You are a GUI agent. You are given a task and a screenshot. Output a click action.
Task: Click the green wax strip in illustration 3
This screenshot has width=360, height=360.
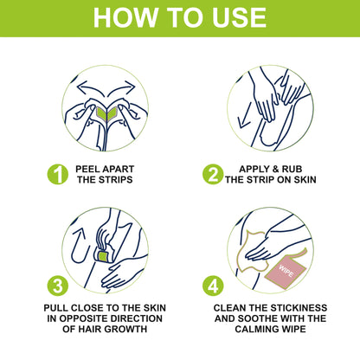pyautogui.click(x=101, y=256)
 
